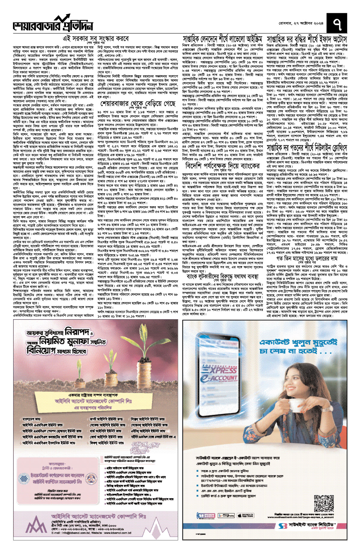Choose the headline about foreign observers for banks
click(223, 166)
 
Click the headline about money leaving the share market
click(138, 104)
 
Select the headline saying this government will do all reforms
click(96, 39)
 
